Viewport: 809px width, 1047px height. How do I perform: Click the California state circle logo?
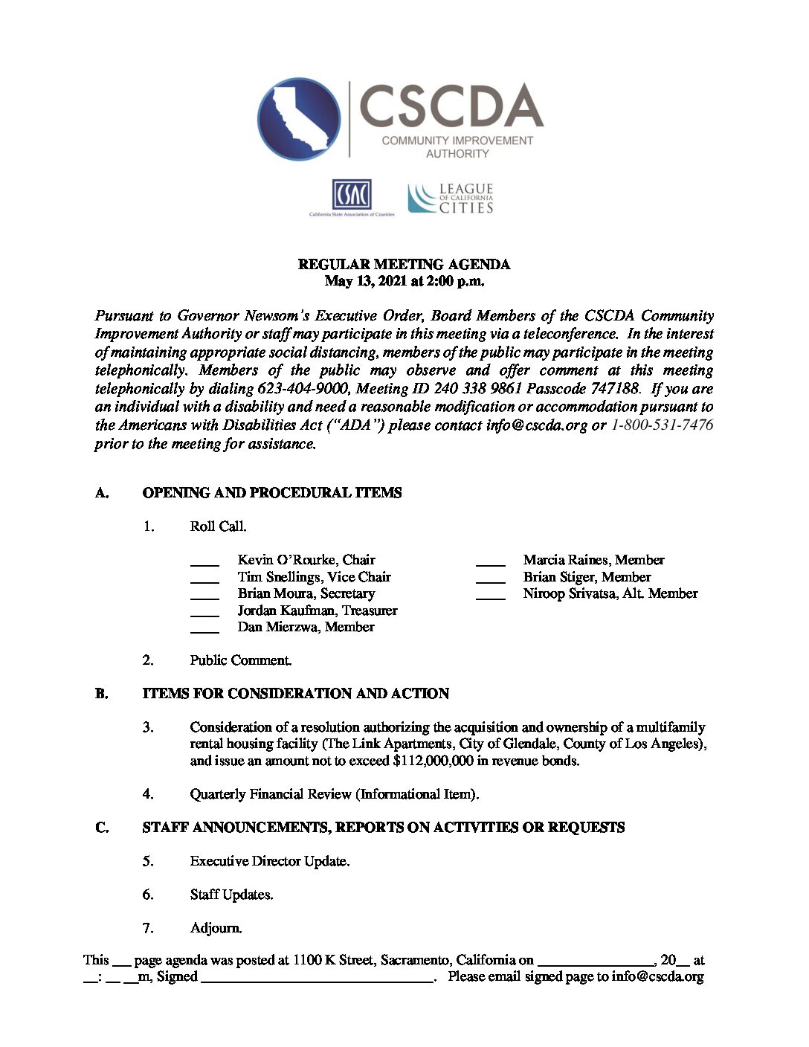point(299,119)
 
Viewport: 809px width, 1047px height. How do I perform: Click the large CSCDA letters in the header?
point(451,107)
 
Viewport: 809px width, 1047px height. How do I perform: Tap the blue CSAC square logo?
point(351,195)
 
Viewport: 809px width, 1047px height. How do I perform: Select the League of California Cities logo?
point(451,199)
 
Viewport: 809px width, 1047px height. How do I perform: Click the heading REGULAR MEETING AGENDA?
point(404,264)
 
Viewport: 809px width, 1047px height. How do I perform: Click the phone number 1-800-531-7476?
point(662,425)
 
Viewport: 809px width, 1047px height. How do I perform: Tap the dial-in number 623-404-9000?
point(303,388)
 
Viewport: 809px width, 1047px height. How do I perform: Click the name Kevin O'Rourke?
point(286,560)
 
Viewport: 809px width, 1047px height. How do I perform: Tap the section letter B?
point(102,694)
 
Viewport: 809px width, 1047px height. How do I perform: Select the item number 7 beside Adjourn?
point(148,928)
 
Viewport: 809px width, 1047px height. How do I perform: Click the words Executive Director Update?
point(268,861)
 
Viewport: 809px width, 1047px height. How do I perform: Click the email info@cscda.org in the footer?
point(657,976)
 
